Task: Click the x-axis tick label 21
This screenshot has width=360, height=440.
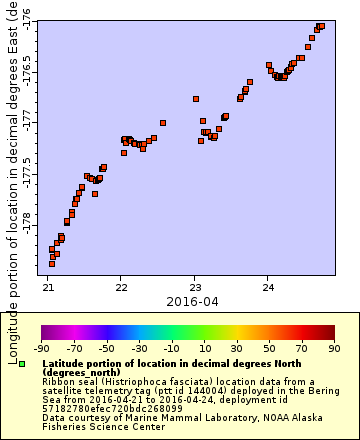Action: (48, 288)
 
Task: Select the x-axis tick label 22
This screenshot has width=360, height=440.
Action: (121, 288)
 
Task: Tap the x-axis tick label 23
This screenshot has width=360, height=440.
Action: (195, 288)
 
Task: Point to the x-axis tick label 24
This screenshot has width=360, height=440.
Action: (268, 288)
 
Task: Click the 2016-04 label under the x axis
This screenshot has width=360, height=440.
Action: (192, 301)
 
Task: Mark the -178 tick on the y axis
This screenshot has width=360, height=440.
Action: (27, 215)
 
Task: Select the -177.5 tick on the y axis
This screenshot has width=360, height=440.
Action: (27, 167)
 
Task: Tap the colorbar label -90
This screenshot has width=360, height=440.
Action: (41, 348)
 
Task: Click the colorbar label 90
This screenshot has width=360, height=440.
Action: (333, 348)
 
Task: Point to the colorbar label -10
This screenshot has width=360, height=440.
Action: (171, 348)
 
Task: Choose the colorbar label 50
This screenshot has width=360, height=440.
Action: (268, 348)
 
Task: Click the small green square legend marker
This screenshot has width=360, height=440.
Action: (21, 363)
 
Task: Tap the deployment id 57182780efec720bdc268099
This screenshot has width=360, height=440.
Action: (99, 409)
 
